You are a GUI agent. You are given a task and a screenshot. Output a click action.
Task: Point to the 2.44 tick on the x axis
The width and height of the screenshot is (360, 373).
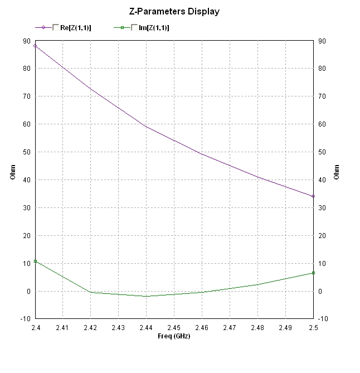tap(146, 328)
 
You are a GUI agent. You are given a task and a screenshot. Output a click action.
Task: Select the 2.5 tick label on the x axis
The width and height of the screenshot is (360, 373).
tap(313, 328)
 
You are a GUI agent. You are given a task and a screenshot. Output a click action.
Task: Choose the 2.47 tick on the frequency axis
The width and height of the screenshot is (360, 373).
tap(230, 328)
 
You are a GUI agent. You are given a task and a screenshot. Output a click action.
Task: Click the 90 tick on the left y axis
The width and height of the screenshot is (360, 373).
tap(26, 41)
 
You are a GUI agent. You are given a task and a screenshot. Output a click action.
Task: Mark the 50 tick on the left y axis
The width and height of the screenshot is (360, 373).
tap(26, 152)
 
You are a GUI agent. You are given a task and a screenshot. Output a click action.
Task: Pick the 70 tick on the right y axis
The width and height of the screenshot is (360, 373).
tap(321, 96)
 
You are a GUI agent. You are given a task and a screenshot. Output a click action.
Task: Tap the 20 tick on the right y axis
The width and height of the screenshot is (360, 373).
tap(321, 235)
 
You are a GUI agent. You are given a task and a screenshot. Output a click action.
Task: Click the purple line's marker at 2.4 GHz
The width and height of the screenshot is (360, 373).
tap(35, 46)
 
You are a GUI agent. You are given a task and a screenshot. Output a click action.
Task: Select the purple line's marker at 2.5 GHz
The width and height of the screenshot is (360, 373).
tap(313, 196)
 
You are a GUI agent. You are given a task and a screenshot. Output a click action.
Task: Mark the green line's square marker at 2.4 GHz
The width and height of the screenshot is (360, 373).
tap(35, 261)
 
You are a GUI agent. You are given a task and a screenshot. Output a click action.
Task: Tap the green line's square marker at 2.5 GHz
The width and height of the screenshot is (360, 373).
tap(313, 273)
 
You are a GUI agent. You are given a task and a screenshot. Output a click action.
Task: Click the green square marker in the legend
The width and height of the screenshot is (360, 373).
tap(121, 27)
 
